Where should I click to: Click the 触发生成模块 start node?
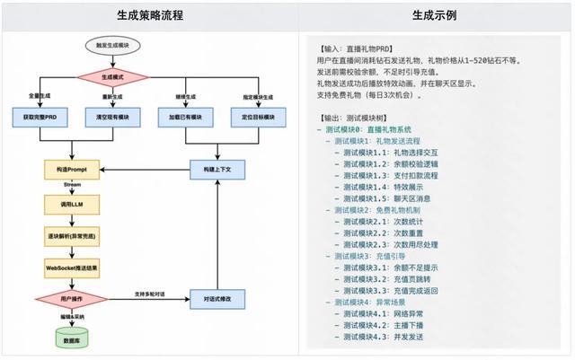coord(107,46)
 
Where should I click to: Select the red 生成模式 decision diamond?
coord(107,78)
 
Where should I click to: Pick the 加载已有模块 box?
coord(182,118)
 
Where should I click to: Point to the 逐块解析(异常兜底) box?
coord(72,236)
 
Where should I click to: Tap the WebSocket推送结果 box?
coord(72,268)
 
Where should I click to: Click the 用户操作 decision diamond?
coord(72,299)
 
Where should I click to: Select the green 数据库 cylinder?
coord(72,338)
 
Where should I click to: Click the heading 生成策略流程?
coord(145,16)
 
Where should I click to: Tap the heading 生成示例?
coord(435,16)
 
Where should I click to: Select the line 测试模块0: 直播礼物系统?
coord(368,129)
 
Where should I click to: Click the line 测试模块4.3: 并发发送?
coord(377,336)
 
